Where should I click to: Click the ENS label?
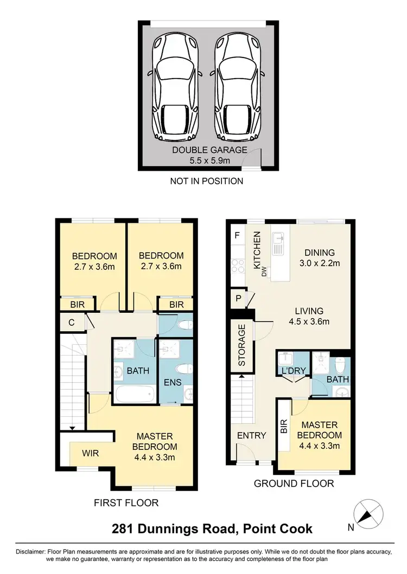click(169, 382)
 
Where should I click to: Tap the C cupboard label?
click(72, 323)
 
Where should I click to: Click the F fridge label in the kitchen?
click(237, 235)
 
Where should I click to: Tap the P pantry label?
click(237, 298)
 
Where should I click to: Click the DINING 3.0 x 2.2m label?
click(320, 258)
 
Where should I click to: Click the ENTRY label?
click(252, 435)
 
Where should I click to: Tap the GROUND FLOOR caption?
click(294, 483)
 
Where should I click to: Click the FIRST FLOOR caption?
click(126, 503)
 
